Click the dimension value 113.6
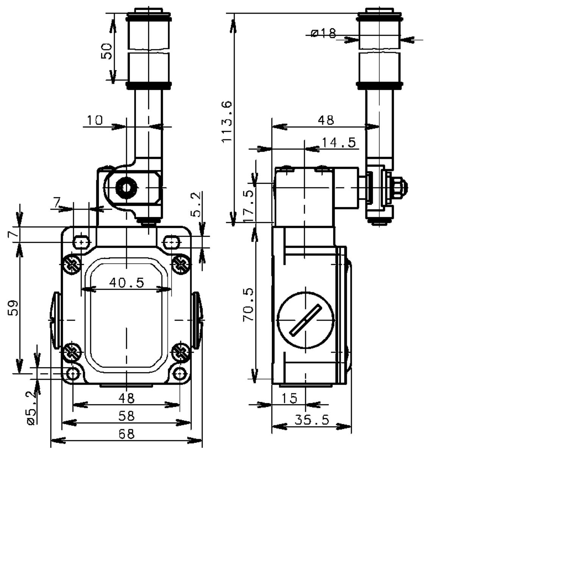(x=227, y=122)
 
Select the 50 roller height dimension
(x=107, y=51)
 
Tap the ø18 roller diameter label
(x=323, y=33)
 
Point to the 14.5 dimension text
(x=339, y=142)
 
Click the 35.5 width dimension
(x=312, y=420)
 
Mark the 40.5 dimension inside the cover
(x=126, y=282)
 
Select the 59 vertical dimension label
(x=13, y=308)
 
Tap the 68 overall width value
(x=126, y=434)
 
